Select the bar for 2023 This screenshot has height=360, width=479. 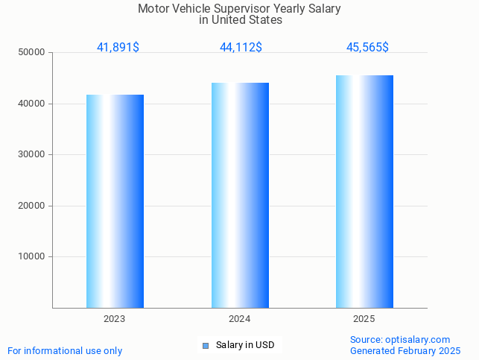point(115,201)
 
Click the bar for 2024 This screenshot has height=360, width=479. point(240,195)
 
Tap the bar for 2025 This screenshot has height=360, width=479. point(364,192)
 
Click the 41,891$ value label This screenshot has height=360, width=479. point(118,48)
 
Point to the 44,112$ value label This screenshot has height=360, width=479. point(241,48)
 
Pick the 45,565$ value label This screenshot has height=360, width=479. point(367,48)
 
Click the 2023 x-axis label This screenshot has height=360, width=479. point(115,319)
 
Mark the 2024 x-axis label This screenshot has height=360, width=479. point(240,319)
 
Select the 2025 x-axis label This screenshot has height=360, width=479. point(364,319)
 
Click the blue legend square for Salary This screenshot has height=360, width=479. point(206,345)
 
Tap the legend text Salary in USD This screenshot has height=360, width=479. point(245,345)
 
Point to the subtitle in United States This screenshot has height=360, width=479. point(240,20)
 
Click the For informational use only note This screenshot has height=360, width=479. point(65,351)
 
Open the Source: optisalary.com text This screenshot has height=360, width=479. point(400,340)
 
